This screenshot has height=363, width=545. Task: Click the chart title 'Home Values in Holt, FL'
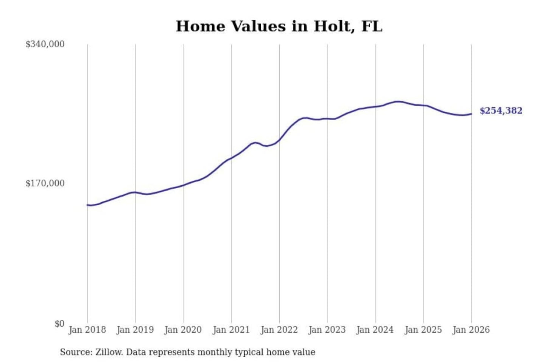pyautogui.click(x=279, y=26)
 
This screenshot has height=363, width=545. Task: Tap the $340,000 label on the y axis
pyautogui.click(x=45, y=44)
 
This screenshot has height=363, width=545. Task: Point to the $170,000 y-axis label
pyautogui.click(x=45, y=183)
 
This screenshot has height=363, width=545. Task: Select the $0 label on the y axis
pyautogui.click(x=59, y=324)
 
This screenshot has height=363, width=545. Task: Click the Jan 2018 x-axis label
pyautogui.click(x=87, y=330)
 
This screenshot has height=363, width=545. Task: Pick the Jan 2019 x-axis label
pyautogui.click(x=135, y=330)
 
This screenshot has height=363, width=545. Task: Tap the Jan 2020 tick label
pyautogui.click(x=183, y=330)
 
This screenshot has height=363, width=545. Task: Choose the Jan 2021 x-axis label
pyautogui.click(x=231, y=330)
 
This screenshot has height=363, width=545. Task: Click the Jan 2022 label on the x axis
pyautogui.click(x=279, y=330)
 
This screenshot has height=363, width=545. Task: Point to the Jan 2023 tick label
pyautogui.click(x=327, y=330)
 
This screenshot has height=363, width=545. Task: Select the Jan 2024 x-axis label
pyautogui.click(x=375, y=330)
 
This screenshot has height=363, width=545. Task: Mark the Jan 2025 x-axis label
pyautogui.click(x=423, y=330)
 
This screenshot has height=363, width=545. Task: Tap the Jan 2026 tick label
pyautogui.click(x=471, y=330)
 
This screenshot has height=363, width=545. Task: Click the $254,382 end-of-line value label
pyautogui.click(x=501, y=111)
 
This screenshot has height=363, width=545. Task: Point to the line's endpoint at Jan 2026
pyautogui.click(x=471, y=114)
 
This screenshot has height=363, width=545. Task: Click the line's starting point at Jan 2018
pyautogui.click(x=87, y=205)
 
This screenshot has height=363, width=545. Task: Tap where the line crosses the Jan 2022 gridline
pyautogui.click(x=279, y=140)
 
